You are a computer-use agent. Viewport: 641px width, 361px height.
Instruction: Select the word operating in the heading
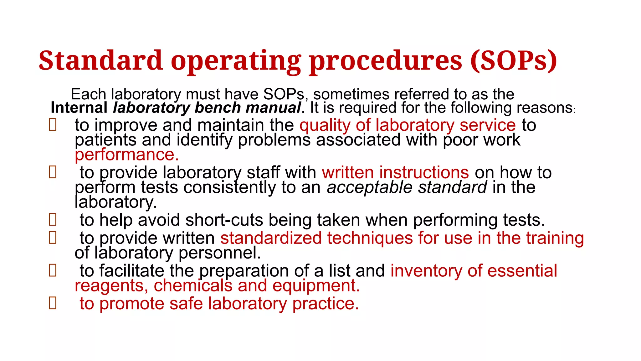point(236,61)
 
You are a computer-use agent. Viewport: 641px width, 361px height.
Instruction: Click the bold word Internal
point(79,108)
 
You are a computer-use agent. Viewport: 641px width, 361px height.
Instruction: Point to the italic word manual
point(273,108)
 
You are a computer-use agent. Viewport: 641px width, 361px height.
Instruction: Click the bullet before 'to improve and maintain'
point(53,125)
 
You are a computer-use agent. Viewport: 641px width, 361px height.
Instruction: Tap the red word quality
point(325,125)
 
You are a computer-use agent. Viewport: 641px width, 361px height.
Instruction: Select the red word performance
point(126,155)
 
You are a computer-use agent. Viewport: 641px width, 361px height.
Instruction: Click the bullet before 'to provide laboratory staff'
point(53,172)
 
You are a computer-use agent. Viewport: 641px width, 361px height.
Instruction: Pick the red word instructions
point(424,172)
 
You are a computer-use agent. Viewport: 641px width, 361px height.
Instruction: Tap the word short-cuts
point(224,220)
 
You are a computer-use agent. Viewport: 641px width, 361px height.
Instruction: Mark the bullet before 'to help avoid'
point(53,220)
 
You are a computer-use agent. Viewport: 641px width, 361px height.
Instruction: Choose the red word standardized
point(271,238)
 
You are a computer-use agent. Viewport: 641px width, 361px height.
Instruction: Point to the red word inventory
point(426,271)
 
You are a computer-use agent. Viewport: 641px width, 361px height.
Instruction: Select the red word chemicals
point(193,285)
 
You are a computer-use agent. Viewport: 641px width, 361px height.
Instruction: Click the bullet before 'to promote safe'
point(53,303)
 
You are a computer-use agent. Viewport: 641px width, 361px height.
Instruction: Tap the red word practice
point(326,304)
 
